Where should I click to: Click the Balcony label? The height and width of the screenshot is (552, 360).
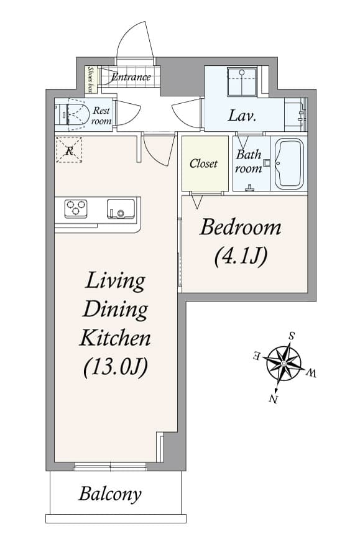[110, 494]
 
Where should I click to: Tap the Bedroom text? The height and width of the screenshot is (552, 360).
[241, 228]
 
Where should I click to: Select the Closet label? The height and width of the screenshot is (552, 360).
[203, 163]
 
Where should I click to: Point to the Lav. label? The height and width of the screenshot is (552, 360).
[242, 116]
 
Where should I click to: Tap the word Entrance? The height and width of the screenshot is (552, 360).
[131, 76]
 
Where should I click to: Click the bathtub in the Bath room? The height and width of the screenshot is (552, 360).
[289, 163]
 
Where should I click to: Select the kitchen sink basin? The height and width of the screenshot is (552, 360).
[121, 209]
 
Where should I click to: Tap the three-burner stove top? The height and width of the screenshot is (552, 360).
[76, 208]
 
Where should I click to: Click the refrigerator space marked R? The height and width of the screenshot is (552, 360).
[69, 150]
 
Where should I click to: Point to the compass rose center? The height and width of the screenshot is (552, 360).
[284, 363]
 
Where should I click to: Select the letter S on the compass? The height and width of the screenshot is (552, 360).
[292, 336]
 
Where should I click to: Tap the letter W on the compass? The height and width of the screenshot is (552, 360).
[312, 373]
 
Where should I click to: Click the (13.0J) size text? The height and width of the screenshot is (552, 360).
[116, 367]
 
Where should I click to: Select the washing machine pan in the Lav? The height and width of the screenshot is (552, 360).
[242, 82]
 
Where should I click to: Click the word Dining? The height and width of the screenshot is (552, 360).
[115, 309]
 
